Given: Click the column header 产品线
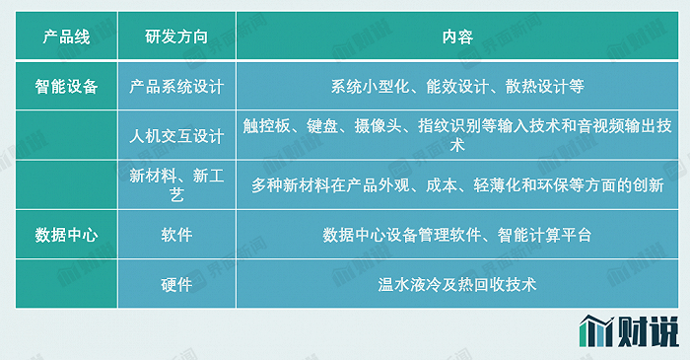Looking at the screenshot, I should [66, 37].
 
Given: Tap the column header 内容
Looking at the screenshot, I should [456, 37].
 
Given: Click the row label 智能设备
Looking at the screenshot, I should [66, 86].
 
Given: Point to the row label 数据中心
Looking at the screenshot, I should [66, 235].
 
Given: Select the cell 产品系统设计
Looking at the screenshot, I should [176, 86].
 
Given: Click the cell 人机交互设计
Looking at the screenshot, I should [176, 134].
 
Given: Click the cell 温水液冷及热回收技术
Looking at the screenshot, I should [456, 285].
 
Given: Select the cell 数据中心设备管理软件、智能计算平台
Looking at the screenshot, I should [456, 235].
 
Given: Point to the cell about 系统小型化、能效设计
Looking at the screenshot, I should [456, 86].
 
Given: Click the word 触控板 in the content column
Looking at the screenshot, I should [265, 125].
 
